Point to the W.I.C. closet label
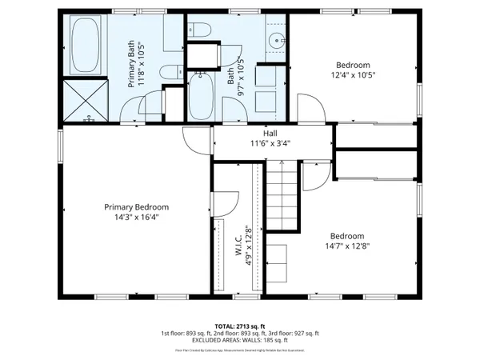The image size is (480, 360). click(238, 245)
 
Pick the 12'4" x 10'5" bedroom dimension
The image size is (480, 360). click(353, 75)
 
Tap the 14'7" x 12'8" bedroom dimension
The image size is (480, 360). click(347, 246)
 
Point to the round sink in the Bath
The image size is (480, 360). click(277, 39)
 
